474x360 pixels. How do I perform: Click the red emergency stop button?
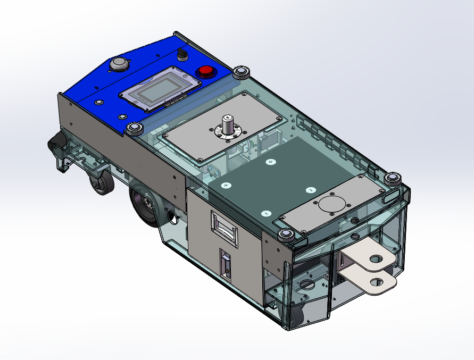(205, 72)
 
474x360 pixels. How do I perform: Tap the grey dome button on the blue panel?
(118, 65)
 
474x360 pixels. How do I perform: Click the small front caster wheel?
(101, 185)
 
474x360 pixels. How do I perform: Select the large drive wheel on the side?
(145, 204)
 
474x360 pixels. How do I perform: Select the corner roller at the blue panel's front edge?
(133, 129)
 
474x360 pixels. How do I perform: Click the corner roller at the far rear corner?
(393, 178)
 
